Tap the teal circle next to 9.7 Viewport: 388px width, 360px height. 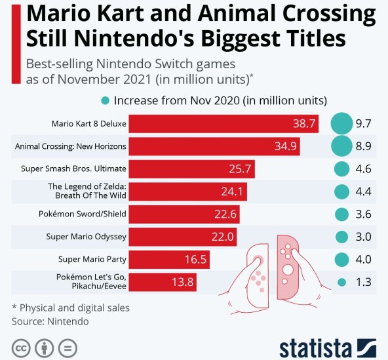[341, 123]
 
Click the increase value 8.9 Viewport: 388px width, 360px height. [364, 146]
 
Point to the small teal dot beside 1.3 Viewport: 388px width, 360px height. [341, 282]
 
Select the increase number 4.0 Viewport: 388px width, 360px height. [364, 259]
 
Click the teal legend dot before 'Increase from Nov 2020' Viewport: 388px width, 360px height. [105, 100]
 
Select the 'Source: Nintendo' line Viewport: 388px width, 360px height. [50, 321]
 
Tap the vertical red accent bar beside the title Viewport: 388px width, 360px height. [14, 43]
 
